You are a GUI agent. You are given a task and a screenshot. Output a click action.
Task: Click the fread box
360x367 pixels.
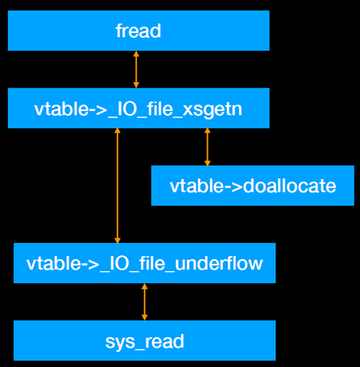coord(138,31)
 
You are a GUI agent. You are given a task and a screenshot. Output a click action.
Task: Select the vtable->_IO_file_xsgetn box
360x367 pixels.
coord(138,109)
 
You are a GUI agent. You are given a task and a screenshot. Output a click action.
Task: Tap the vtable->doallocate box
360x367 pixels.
coord(252,186)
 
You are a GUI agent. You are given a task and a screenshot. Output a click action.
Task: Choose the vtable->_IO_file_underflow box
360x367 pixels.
coord(144,263)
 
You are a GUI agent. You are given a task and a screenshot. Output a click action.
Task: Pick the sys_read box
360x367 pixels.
coord(144,340)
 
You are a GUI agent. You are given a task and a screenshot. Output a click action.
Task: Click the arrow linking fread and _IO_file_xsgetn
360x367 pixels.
coord(135,70)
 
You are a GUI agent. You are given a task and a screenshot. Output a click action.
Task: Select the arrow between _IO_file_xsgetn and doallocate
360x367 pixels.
coord(207,147)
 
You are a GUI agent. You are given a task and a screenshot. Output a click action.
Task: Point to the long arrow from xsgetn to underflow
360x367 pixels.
coord(118,186)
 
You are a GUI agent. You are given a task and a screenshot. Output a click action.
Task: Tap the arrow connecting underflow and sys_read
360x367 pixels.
coord(144,302)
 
